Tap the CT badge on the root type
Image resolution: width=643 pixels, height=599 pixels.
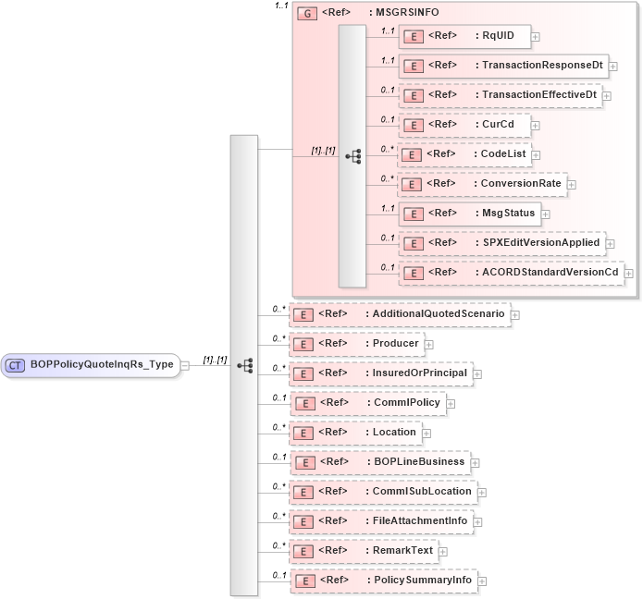[16, 364]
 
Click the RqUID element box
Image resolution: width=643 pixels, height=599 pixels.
[464, 36]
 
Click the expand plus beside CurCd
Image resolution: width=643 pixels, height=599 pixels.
[536, 126]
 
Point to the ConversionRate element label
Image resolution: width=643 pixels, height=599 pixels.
[520, 183]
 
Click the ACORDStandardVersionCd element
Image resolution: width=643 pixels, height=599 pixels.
[510, 272]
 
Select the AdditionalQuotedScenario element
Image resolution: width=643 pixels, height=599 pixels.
[399, 314]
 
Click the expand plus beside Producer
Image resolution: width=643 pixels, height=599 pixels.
[429, 345]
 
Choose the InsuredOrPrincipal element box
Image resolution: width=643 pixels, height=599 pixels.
[380, 373]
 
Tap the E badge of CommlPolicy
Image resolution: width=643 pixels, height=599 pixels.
[301, 403]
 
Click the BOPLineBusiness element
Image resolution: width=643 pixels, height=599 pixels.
[378, 461]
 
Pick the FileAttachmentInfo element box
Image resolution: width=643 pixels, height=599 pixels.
[380, 521]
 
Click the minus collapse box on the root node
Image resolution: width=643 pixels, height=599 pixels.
[186, 364]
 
